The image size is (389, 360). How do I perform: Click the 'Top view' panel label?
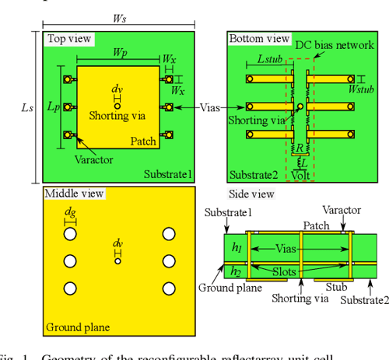pos(68,38)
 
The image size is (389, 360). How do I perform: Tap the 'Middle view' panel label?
pos(72,193)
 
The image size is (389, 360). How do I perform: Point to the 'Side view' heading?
pos(251,194)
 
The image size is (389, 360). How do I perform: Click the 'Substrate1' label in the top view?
pos(166,173)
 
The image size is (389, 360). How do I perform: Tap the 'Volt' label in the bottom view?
pos(300,175)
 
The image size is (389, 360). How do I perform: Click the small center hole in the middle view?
pos(117,261)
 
